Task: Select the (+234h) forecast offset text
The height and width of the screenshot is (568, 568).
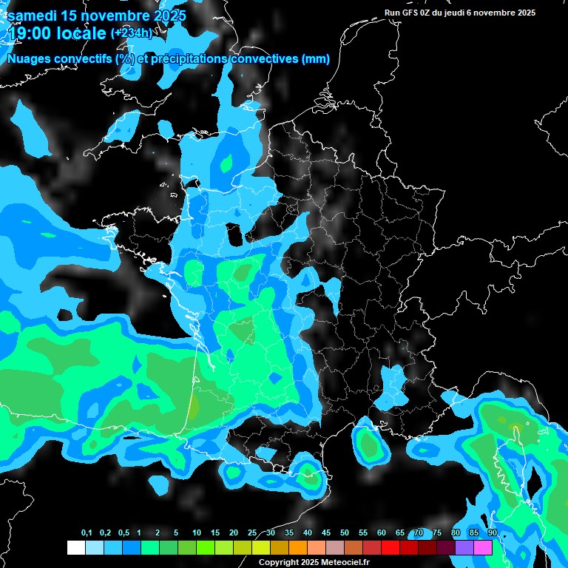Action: coord(132,33)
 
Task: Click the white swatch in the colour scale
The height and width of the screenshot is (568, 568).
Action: coord(75,547)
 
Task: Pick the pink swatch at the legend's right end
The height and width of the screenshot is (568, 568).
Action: coord(483,547)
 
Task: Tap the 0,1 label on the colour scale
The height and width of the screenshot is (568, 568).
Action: coord(87,533)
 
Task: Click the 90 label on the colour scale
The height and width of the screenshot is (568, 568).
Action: coord(492,533)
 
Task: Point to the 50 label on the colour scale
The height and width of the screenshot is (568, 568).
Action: coord(345,533)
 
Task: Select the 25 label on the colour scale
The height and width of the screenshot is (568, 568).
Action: coord(252,533)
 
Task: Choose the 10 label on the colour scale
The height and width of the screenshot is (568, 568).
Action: coord(197,533)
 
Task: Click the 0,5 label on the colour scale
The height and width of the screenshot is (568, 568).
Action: coord(124,533)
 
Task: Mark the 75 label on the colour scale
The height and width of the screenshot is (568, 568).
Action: coord(437,533)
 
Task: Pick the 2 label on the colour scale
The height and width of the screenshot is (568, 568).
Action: coord(158,533)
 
